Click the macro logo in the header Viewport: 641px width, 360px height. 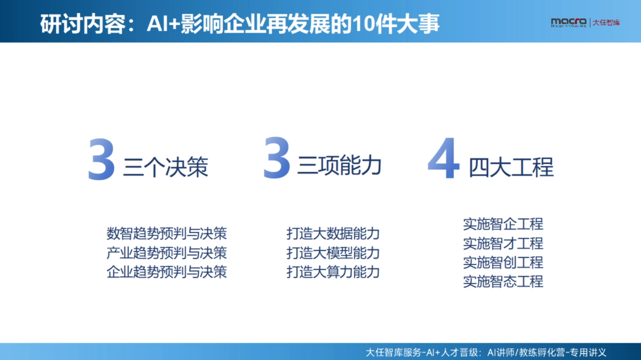tap(569, 22)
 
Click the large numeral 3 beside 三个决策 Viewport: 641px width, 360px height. tap(101, 159)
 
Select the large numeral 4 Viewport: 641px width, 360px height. tap(444, 159)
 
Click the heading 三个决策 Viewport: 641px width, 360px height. tap(166, 167)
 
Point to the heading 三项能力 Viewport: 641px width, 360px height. tap(340, 166)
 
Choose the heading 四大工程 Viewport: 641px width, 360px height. tap(511, 167)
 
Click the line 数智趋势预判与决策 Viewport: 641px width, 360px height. tap(167, 233)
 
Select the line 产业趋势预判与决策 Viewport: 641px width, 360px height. tap(167, 253)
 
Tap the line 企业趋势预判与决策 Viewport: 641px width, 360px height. tap(167, 271)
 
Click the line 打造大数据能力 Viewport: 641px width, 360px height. tap(333, 233)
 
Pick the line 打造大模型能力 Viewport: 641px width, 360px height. tap(333, 253)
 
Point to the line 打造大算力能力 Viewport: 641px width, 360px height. tap(333, 271)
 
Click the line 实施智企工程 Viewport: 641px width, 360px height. tap(503, 224)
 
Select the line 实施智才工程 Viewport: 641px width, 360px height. tap(503, 243)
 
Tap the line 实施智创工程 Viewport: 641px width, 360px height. tap(503, 262)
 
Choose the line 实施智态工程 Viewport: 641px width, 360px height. tap(503, 281)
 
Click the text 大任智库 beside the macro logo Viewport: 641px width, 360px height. tap(606, 22)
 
